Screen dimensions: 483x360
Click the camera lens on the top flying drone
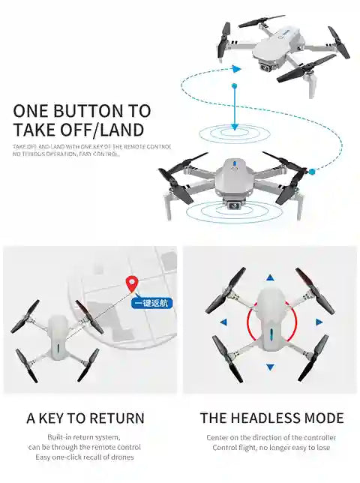coord(265,67)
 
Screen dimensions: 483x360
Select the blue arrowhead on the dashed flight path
coord(236,69)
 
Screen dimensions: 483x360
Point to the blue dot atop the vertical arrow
coord(235,88)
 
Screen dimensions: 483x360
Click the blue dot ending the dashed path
coord(312,172)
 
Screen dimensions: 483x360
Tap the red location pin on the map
coord(132,284)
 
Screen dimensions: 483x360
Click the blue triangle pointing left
coord(223,322)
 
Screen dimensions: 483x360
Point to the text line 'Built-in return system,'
coord(83,437)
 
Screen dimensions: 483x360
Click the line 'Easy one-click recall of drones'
coord(83,457)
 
